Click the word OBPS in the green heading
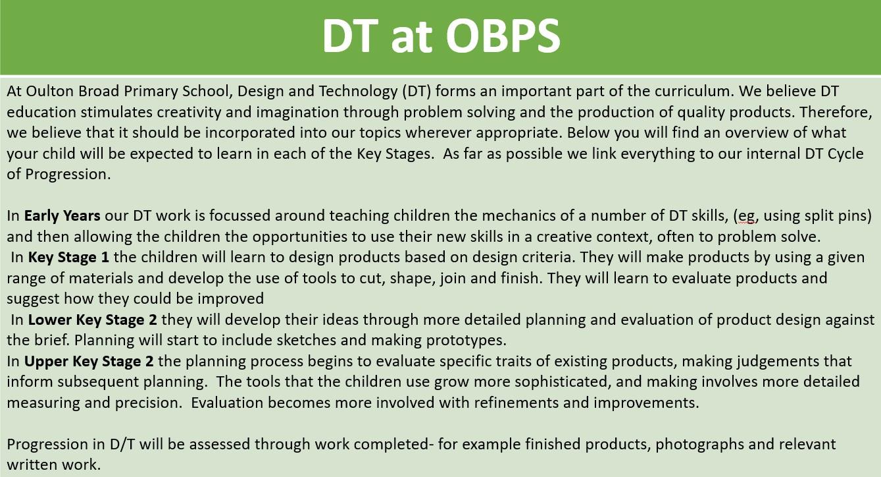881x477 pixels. (503, 36)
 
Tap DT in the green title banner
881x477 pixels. (350, 36)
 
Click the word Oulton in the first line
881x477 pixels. (50, 91)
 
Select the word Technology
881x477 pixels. (357, 92)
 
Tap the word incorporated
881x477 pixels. (250, 133)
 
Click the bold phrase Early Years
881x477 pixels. (62, 216)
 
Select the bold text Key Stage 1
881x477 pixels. (68, 257)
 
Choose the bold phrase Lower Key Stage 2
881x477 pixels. (92, 320)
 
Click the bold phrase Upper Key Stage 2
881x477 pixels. (89, 361)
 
